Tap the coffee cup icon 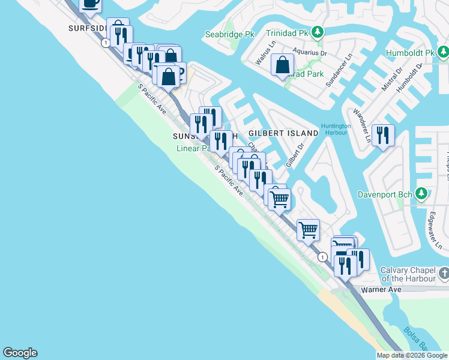coord(90,4)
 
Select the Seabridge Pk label coord(230,35)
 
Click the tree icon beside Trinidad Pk coord(321,32)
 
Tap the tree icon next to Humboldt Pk coord(444,53)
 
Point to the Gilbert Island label coord(283,133)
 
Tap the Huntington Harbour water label coord(336,130)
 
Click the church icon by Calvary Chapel coord(444,274)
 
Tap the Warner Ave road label coord(381,289)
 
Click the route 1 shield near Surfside coord(106,43)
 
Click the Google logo coord(20,353)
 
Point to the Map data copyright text coord(412,355)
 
